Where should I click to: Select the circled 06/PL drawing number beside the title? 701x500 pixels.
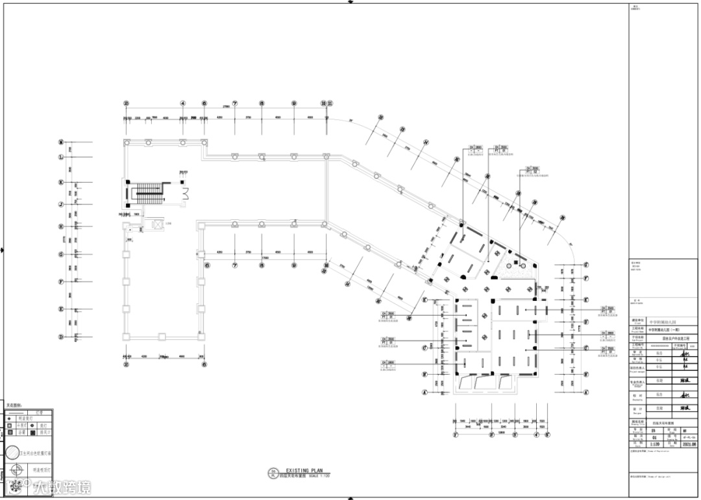pos(273,473)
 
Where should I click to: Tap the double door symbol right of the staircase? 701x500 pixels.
pos(185,193)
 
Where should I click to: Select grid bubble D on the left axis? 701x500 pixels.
pos(60,337)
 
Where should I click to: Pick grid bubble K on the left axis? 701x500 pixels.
pos(60,183)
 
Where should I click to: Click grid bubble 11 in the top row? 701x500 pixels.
pos(330,103)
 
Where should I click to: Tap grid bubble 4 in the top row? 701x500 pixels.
pos(183,103)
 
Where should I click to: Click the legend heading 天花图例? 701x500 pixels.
pos(14,405)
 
